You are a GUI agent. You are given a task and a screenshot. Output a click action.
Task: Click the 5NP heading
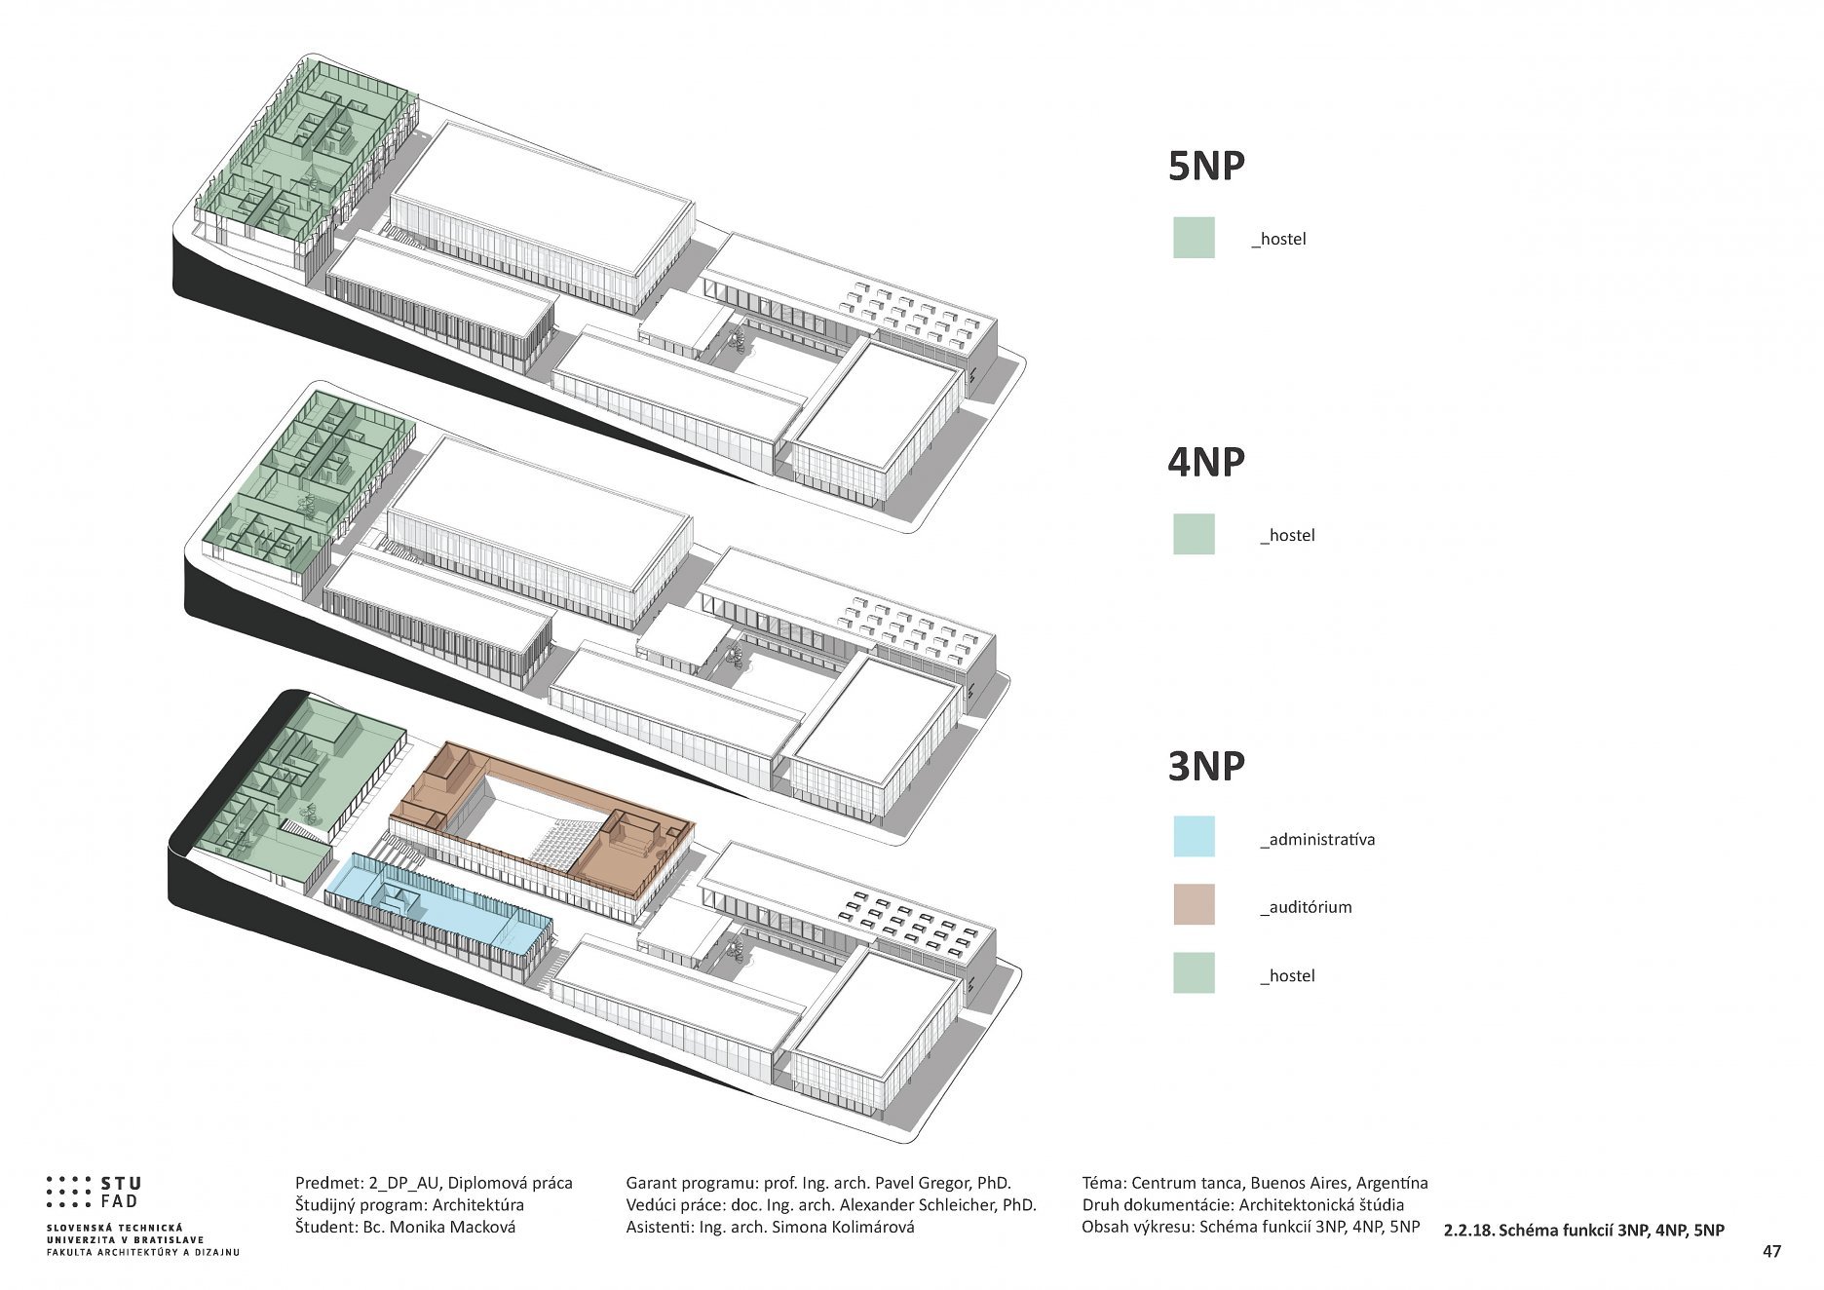[1206, 167]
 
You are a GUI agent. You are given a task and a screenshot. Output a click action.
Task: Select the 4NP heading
[1206, 462]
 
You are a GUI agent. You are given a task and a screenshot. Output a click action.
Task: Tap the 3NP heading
[1206, 767]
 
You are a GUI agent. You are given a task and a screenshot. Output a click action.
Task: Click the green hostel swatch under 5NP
[1194, 238]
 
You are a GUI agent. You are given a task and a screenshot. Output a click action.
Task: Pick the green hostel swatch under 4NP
[1194, 534]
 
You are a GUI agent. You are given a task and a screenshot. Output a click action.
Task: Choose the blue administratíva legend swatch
[1194, 837]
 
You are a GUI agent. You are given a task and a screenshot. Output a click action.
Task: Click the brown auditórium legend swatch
[1194, 905]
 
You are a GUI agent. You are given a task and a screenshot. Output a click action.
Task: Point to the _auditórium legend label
[1306, 907]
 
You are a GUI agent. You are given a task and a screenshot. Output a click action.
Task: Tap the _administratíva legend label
[1317, 839]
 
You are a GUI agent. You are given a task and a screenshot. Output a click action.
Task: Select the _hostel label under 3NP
[1287, 975]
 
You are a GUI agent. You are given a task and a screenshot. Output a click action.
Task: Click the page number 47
[1771, 1252]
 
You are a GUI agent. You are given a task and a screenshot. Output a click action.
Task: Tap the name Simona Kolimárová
[843, 1227]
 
